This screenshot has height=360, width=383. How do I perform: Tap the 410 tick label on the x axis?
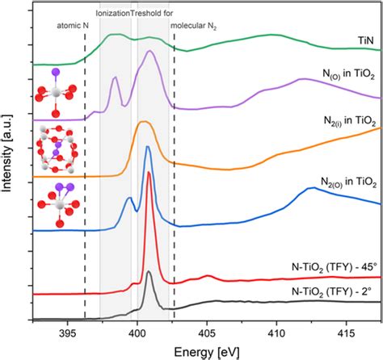276,331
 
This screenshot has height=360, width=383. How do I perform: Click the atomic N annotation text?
72,24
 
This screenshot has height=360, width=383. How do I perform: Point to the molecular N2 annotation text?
194,24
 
